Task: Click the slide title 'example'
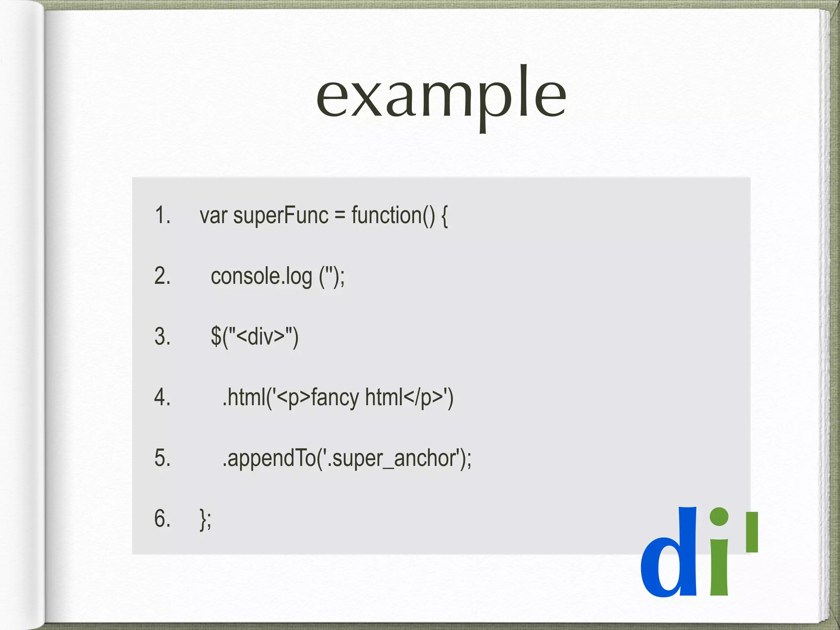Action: [441, 97]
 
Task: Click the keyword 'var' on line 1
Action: [213, 216]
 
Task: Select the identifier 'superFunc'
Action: [281, 216]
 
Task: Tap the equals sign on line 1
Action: [340, 216]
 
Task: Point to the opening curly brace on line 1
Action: [444, 217]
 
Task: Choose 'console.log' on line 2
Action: [261, 276]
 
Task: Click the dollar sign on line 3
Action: [216, 336]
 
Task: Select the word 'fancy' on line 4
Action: [335, 398]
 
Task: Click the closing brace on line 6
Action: [203, 519]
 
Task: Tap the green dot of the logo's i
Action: [719, 517]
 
